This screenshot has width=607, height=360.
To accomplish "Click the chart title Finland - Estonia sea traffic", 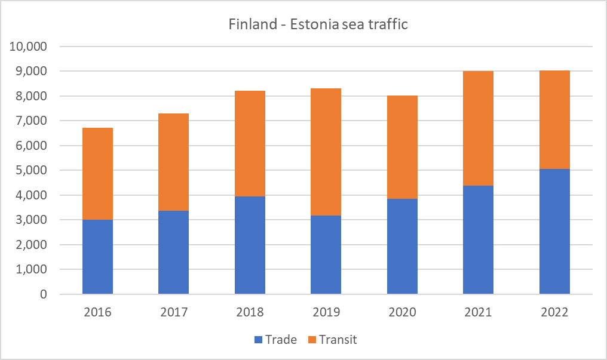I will pos(318,25).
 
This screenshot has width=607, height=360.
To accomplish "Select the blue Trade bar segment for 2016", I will pos(97,257).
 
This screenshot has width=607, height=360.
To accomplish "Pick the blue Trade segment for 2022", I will pos(554,232).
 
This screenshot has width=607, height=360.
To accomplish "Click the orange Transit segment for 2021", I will pos(478,128).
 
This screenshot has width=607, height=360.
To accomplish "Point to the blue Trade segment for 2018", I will pos(250,245).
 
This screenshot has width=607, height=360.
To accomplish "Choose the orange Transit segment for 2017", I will pos(173,162).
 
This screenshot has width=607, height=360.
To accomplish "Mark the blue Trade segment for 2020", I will pos(402,246).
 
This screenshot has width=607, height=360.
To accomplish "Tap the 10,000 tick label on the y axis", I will pos(29,47).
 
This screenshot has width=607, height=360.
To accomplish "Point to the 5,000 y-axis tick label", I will pos(32,171).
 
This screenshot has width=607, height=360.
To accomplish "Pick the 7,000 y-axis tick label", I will pos(32,121).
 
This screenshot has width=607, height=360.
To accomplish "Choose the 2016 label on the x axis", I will pos(97,312).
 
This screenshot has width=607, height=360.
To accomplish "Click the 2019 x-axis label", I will pos(326,312).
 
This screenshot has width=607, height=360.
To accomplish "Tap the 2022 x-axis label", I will pos(554,312).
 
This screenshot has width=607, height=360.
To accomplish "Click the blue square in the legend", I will pos(258,340).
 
